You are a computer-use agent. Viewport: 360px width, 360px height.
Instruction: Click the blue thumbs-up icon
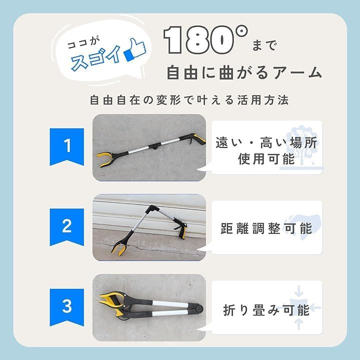[x=135, y=50]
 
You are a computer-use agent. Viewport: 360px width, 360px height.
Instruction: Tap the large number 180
[x=199, y=40]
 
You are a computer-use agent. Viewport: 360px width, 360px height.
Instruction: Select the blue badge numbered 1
[x=67, y=147]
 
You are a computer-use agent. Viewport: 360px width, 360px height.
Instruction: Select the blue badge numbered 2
[x=67, y=227]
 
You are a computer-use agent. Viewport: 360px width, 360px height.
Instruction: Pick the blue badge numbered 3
[x=67, y=307]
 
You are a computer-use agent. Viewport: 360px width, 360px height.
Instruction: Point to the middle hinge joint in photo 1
[x=154, y=146]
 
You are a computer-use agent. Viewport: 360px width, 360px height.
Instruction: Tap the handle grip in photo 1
[x=195, y=139]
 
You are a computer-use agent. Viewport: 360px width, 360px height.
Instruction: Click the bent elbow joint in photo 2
[x=152, y=209]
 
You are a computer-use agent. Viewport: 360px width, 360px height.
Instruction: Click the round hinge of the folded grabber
[x=198, y=308]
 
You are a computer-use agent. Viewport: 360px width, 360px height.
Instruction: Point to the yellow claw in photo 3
[x=113, y=303]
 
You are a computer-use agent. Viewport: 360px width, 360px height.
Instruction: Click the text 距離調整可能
[x=266, y=228]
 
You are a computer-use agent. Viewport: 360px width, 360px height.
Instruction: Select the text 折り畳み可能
[x=266, y=310]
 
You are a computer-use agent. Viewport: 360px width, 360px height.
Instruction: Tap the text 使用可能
[x=266, y=159]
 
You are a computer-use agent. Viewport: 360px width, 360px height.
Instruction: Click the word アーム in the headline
[x=298, y=73]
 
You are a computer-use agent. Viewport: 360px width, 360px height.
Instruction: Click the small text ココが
[x=84, y=43]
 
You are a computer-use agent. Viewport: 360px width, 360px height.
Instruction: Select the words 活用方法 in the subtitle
[x=262, y=100]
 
